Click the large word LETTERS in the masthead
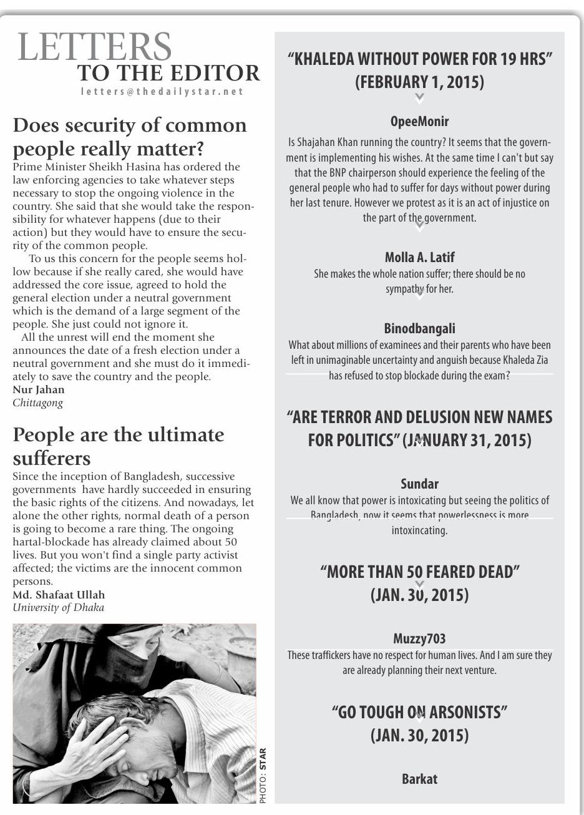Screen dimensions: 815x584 coord(95,47)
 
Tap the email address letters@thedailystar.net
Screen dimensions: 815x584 coord(162,91)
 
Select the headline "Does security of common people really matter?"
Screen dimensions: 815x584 coord(130,137)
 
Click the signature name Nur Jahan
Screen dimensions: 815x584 coord(39,389)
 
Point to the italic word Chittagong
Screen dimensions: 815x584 coord(38,403)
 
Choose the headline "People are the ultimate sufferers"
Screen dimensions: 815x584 coord(119,446)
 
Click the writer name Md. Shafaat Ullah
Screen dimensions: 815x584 coord(59,595)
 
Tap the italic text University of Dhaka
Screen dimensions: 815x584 coord(59,608)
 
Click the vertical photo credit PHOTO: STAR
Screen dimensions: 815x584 coord(263,775)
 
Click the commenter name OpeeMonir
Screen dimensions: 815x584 coord(419,121)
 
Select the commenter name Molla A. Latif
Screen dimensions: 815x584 coord(419,257)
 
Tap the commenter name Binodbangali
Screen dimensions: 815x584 coord(419,328)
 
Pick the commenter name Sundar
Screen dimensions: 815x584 coord(419,484)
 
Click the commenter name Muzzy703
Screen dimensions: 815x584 coord(419,638)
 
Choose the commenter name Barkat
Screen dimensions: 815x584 coord(419,779)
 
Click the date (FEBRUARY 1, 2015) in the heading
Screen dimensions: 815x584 coord(419,82)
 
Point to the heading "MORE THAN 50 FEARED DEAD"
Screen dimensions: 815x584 coord(420,572)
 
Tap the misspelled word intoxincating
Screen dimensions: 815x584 coord(419,530)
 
